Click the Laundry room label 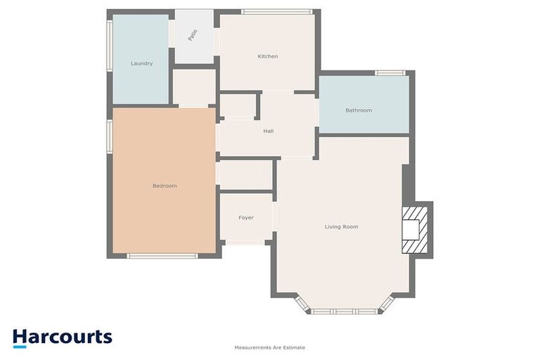point(141,63)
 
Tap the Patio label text point(192,35)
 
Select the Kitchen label point(267,56)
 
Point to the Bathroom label point(359,110)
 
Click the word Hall point(269,131)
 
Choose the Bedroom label point(165,186)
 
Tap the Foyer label point(246,218)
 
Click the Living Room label point(342,226)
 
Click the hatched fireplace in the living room point(413,229)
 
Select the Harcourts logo point(62,337)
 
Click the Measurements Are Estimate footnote point(270,347)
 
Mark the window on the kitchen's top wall point(276,11)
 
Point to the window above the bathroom point(390,73)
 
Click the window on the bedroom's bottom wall point(162,256)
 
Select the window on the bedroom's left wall point(110,136)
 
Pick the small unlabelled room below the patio point(194,86)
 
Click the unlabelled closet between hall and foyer point(245,174)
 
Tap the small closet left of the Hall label point(238,106)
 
